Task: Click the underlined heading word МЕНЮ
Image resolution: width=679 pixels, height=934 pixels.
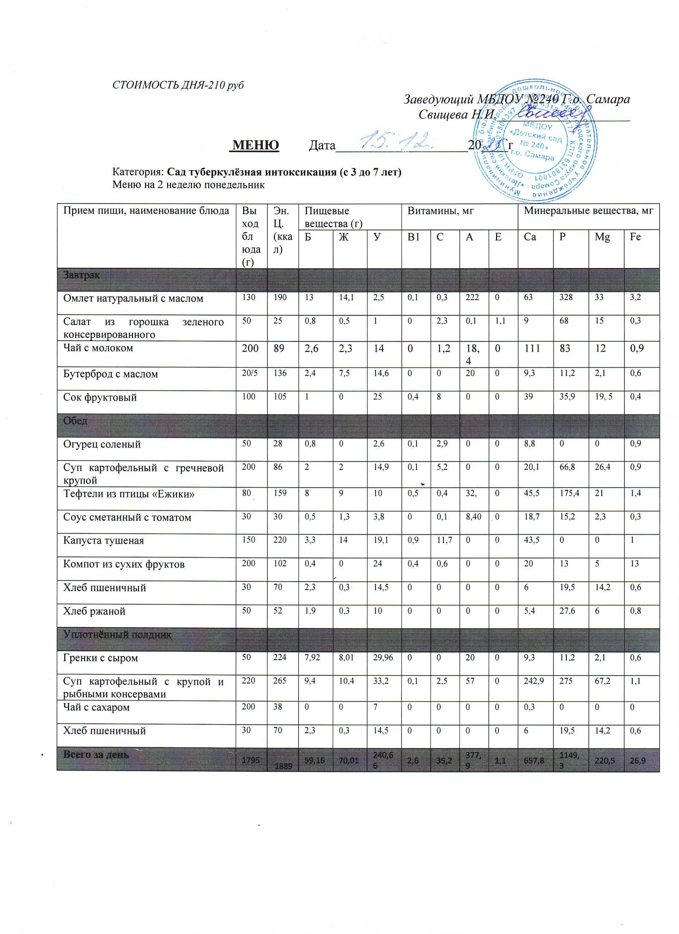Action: coord(255,145)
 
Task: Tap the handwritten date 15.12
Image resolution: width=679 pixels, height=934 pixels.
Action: coord(397,142)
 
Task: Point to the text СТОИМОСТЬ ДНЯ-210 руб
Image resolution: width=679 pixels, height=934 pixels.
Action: coord(178,85)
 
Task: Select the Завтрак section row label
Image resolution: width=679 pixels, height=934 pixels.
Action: coord(81,275)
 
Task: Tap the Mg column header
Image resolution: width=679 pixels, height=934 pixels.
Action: coord(602,237)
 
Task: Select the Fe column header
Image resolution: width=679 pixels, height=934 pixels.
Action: coord(635,237)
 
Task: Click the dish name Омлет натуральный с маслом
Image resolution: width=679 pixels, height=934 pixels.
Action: coord(133,298)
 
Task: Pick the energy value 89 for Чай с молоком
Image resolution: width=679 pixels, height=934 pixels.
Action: coord(279,348)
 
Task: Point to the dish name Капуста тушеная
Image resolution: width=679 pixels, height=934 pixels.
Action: coord(103,540)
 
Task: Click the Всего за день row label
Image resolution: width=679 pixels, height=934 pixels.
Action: coord(96,754)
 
